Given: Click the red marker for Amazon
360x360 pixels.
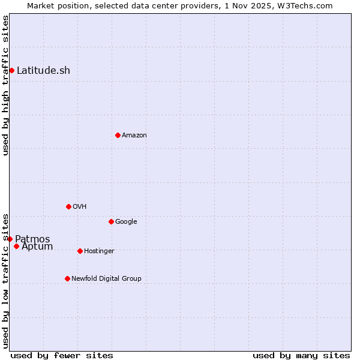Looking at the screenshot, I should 118,135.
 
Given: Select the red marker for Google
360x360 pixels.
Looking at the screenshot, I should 111,221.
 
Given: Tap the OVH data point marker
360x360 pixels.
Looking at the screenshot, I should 68,206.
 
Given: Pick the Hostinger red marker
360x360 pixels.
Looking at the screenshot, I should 80,251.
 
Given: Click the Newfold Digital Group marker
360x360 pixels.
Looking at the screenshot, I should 67,278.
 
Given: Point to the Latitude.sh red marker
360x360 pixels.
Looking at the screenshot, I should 11,70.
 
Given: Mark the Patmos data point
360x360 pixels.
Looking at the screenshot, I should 10,239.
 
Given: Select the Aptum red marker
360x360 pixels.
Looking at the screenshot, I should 16,246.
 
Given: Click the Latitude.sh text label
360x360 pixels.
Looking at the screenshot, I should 43,70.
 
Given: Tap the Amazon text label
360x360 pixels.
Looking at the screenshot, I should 134,135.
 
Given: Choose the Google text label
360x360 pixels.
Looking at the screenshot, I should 126,221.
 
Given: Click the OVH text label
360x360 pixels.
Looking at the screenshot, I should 80,206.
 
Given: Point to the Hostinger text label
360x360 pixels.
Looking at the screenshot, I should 99,251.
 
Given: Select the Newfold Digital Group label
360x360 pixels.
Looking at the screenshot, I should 106,278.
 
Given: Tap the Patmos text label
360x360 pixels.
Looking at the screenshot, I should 32,239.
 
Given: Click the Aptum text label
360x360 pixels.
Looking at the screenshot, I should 37,247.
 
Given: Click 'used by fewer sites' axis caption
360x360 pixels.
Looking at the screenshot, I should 62,355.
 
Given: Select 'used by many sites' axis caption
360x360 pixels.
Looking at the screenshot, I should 301,355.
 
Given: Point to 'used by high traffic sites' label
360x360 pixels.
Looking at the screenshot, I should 5,85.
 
